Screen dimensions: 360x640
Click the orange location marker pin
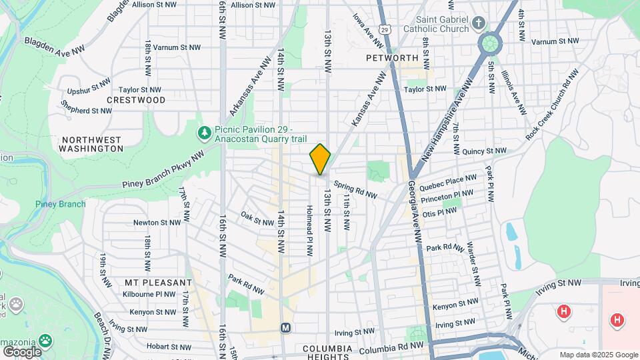320,159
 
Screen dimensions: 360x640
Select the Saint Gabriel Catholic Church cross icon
478,25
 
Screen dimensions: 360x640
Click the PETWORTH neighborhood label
392,58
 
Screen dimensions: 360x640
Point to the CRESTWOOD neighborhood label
136,100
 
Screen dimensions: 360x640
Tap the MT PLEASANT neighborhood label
158,282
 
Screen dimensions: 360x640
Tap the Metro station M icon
286,328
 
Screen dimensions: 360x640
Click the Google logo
22,351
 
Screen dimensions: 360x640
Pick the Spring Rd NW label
356,190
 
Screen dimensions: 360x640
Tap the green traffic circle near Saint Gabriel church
490,45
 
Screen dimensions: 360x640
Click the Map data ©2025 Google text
599,355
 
